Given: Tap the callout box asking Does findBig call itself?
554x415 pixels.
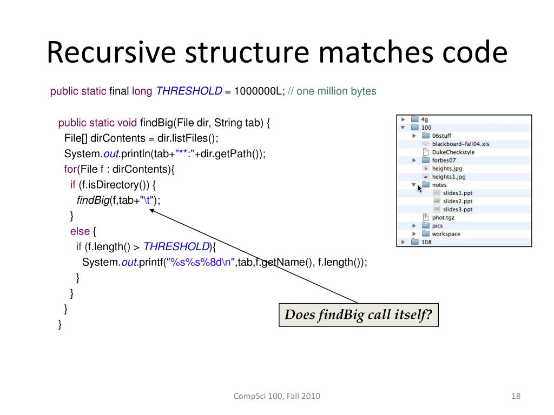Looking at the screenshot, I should tap(358, 315).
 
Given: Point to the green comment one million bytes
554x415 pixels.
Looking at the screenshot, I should tap(336, 91).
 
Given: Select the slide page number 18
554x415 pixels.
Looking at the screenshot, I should tap(515, 396).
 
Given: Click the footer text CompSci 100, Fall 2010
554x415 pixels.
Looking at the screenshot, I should tap(276, 396).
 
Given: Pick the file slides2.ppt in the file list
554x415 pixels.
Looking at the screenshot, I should tap(458, 201).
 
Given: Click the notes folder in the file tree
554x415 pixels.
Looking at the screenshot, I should tap(439, 185).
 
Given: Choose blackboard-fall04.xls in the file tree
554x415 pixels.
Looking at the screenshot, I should tap(460, 144).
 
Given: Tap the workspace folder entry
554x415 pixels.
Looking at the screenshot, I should tap(446, 234).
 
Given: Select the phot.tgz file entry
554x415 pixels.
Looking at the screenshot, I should tap(443, 217).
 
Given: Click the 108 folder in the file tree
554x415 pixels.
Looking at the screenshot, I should tap(426, 242).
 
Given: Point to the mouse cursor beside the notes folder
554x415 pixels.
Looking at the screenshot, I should tap(419, 188).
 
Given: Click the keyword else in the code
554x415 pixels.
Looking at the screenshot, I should tap(80, 231).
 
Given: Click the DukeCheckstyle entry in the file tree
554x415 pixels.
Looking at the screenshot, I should tap(453, 152).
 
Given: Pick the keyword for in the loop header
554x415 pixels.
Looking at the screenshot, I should tap(71, 169).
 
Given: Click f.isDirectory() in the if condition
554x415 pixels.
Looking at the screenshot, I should tap(116, 185).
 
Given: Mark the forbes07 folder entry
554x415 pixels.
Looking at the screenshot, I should tap(444, 160).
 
